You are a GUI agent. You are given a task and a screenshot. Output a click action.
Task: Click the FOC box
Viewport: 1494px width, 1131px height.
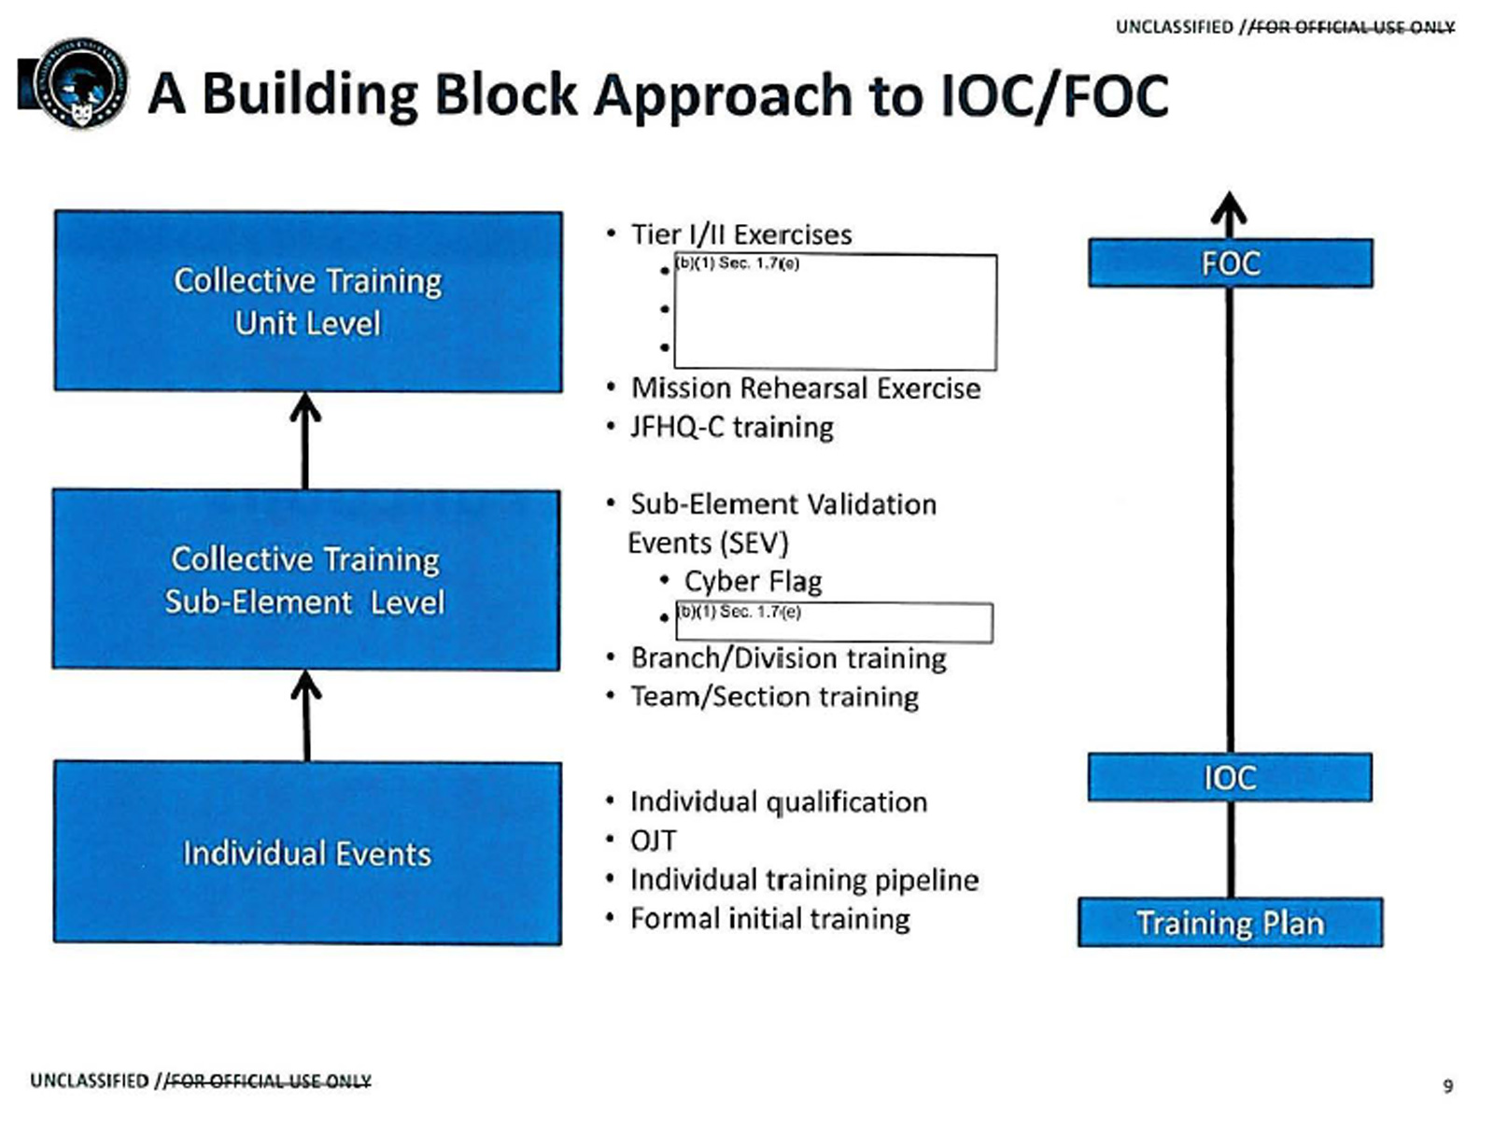[x=1230, y=263]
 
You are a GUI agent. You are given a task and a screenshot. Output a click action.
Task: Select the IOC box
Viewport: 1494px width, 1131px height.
[x=1230, y=777]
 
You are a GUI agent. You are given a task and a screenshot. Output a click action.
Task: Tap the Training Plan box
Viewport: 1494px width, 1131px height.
[x=1230, y=923]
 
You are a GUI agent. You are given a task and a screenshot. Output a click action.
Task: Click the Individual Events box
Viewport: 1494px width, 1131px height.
[x=307, y=853]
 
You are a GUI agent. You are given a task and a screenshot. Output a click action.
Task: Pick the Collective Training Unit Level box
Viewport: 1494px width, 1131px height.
[x=308, y=301]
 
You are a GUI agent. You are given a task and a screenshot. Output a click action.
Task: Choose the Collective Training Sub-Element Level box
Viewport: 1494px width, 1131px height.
[x=306, y=579]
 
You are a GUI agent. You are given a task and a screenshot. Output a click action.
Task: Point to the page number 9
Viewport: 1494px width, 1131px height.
[x=1447, y=1086]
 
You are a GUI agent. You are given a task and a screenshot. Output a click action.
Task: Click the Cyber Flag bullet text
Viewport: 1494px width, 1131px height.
[x=753, y=581]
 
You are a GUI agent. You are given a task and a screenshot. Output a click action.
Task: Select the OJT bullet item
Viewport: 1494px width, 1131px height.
[x=653, y=841]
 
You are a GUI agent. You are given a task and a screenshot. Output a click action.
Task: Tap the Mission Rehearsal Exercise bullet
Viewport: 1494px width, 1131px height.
[x=806, y=388]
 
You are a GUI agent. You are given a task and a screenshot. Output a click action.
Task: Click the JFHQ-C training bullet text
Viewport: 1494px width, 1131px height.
[x=731, y=427]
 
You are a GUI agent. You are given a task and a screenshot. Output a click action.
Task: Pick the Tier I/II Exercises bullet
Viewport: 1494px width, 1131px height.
[x=741, y=233]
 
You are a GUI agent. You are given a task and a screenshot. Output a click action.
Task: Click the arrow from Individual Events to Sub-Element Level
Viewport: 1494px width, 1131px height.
[x=306, y=715]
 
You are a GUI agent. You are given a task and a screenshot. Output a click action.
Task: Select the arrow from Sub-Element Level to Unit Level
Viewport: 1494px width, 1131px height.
[x=305, y=440]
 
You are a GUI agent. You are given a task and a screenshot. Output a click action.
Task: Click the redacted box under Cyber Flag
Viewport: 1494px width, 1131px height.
[x=834, y=623]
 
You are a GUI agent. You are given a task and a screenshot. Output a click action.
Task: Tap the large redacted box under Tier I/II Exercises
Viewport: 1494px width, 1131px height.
[x=835, y=312]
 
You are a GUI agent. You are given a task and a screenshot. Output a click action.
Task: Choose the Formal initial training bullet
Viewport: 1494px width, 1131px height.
[x=769, y=919]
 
